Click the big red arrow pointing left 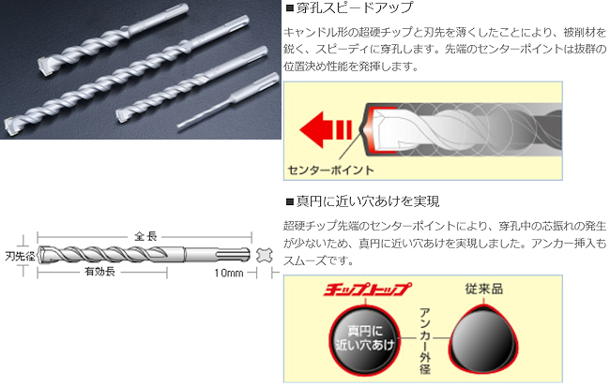point(325,129)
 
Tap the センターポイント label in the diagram point(330,171)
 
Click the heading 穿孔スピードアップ point(355,7)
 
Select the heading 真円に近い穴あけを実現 point(368,201)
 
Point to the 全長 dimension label point(145,236)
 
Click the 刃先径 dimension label point(20,256)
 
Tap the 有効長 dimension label point(100,272)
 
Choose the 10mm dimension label point(229,273)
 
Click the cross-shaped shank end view point(264,255)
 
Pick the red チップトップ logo point(367,289)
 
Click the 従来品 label point(484,289)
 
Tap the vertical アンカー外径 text point(425,341)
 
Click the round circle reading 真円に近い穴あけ point(364,338)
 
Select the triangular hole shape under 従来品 point(484,339)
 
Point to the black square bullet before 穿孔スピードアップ point(289,8)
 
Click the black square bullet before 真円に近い point(289,201)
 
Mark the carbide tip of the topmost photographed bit point(45,67)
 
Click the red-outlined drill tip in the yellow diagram point(379,129)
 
